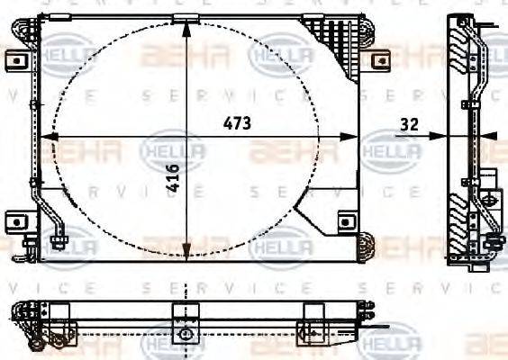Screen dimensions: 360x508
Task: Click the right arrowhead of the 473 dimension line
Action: pos(353,138)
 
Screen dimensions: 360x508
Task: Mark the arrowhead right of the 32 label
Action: pos(441,137)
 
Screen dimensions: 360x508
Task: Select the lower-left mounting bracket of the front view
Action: pos(17,220)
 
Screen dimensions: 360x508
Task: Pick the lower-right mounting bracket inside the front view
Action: pos(344,221)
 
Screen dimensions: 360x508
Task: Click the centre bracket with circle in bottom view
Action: pos(186,332)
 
